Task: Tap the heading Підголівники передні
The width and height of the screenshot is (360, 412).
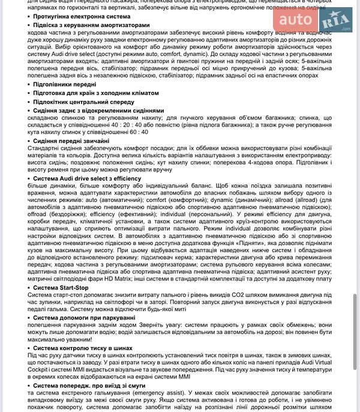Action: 65,85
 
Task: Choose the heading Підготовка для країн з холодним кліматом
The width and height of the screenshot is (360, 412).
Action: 96,93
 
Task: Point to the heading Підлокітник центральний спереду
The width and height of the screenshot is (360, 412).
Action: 83,102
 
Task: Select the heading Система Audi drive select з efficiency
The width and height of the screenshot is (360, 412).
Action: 87,178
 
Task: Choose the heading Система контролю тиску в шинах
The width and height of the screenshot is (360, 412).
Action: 83,347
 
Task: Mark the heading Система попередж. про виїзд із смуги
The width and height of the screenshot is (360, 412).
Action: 89,385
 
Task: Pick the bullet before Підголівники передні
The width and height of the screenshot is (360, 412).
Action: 29,85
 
